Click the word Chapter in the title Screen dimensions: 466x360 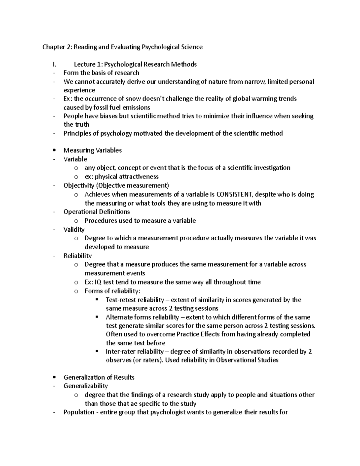(x=53, y=47)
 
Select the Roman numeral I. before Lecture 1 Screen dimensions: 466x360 (x=54, y=64)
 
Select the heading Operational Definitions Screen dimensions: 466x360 (x=97, y=212)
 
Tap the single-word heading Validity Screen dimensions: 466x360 (x=74, y=230)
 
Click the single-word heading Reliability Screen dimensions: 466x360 (x=77, y=256)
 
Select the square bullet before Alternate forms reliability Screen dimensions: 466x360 (x=97, y=317)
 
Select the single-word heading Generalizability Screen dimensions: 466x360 (x=85, y=386)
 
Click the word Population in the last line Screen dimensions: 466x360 (x=79, y=412)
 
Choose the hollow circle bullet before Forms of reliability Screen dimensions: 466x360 (x=76, y=291)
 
